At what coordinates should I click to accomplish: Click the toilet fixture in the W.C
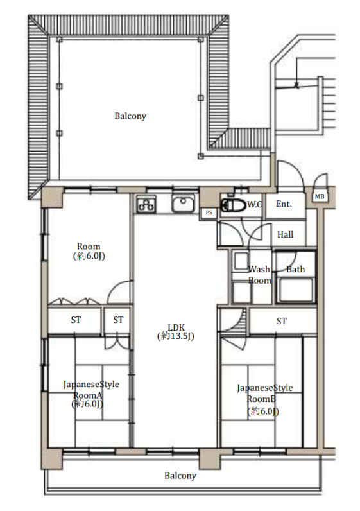tap(234, 205)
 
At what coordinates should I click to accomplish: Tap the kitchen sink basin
tap(183, 204)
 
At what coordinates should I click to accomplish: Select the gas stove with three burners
tap(146, 204)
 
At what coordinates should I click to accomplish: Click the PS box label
tap(209, 212)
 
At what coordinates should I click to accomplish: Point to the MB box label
tap(320, 196)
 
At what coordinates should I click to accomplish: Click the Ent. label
tap(284, 204)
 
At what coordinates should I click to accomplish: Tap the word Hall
tap(285, 234)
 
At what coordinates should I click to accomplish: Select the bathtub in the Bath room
tap(296, 290)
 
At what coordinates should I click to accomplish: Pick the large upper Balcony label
tap(130, 116)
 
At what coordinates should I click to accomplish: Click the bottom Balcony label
tap(180, 476)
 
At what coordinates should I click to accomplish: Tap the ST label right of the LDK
tap(282, 322)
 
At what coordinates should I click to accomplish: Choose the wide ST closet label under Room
tap(76, 320)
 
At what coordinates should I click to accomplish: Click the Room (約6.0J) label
tap(89, 251)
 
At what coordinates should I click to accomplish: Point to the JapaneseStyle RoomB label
tap(264, 399)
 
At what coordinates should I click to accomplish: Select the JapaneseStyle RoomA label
tap(91, 394)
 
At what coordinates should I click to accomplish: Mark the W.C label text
tap(255, 204)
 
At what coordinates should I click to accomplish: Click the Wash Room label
tap(260, 275)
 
